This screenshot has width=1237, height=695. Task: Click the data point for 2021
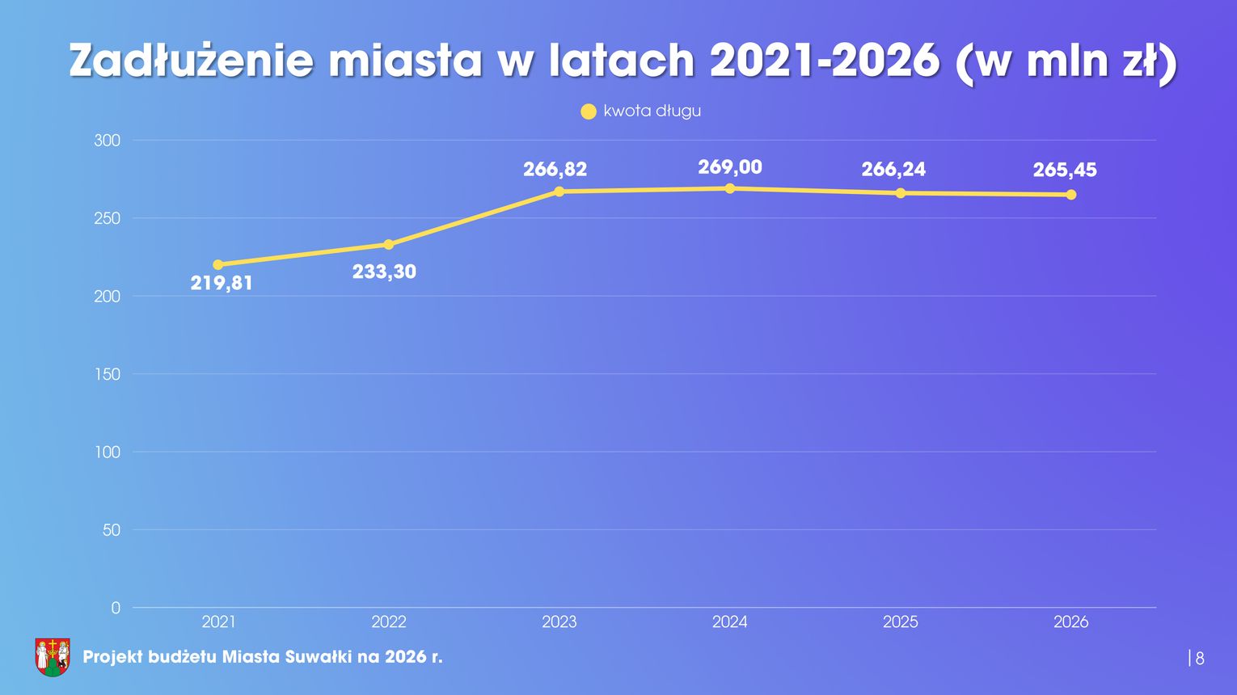(218, 264)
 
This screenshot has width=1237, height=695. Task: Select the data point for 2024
(730, 188)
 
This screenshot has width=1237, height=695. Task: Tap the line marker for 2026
(1071, 195)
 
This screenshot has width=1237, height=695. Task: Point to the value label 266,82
(555, 170)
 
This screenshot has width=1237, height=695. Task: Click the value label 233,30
(384, 272)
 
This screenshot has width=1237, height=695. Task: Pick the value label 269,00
(730, 167)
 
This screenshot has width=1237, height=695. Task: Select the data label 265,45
(1065, 170)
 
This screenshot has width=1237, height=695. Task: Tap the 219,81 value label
(222, 284)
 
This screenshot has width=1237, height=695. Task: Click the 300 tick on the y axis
(108, 141)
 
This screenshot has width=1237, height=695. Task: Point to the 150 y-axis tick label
(108, 374)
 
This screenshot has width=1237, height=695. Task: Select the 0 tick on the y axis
(116, 608)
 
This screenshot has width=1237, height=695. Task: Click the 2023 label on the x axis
(559, 622)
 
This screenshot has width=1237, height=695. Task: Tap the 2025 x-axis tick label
(901, 622)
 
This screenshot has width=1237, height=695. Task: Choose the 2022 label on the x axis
(389, 622)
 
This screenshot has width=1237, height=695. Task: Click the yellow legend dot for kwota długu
(589, 112)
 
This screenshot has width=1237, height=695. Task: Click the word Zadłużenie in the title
(191, 61)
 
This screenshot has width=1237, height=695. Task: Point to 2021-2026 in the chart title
(825, 61)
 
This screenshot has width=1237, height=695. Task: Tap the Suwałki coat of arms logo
(53, 656)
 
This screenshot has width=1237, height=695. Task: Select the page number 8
(1200, 659)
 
